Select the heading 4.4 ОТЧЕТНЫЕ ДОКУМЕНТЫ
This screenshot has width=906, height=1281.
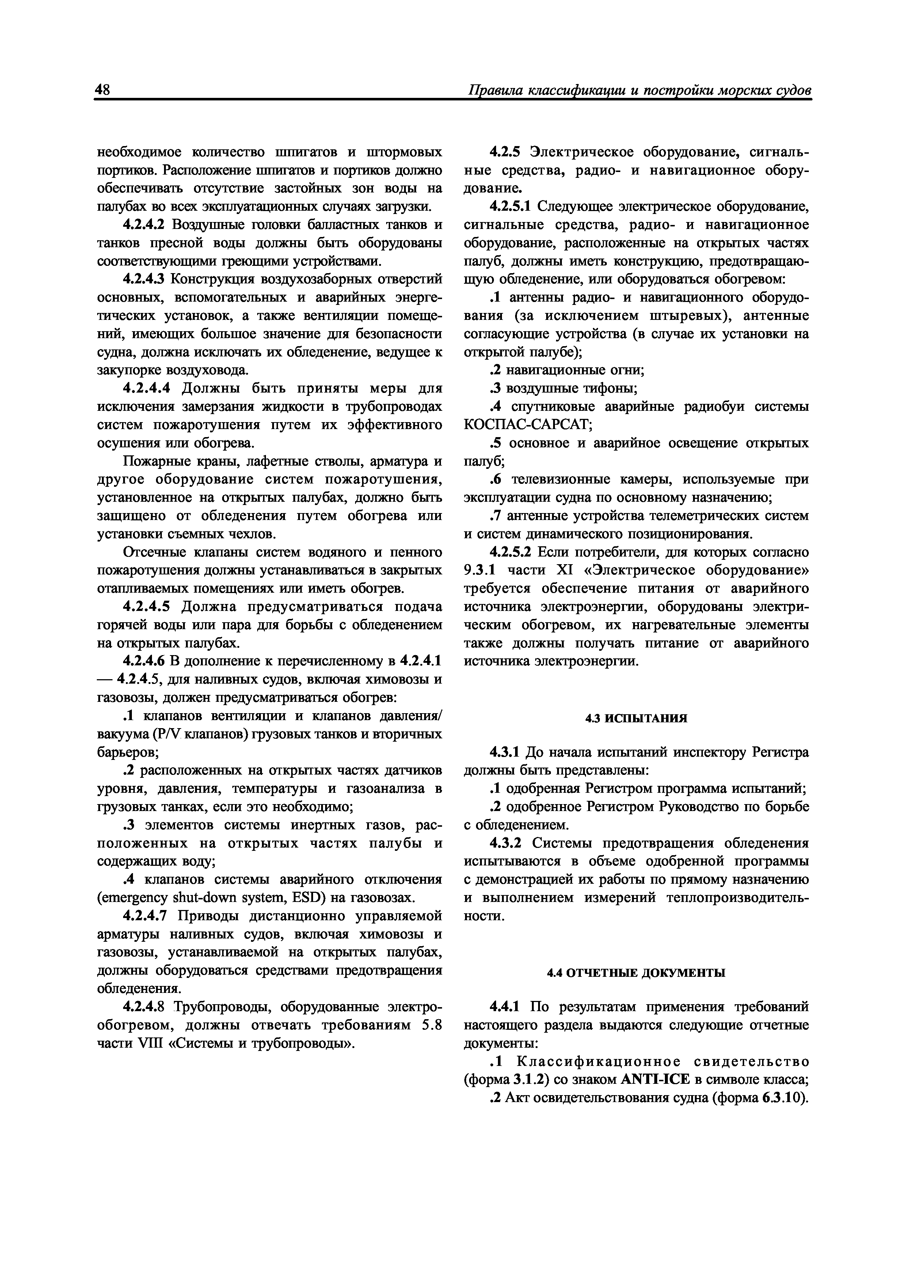(x=636, y=972)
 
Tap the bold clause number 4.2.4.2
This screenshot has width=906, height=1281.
(x=145, y=225)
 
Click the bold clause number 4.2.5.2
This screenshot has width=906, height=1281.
(x=512, y=552)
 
